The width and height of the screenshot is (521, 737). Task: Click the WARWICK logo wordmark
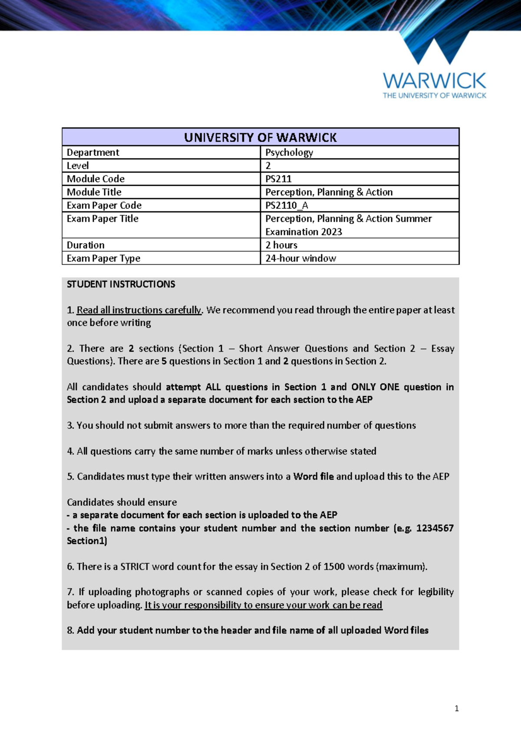coord(434,81)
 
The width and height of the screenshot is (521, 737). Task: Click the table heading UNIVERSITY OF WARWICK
coord(260,138)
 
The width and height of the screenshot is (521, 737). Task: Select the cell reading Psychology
coord(289,152)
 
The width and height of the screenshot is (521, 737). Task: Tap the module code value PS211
coord(278,179)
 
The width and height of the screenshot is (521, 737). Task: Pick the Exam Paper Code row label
coord(104,205)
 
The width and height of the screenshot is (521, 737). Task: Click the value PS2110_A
coord(287,205)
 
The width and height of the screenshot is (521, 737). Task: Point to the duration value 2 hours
coord(281,245)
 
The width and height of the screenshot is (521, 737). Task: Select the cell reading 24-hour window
coord(300,258)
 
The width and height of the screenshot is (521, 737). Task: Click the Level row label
coord(78,166)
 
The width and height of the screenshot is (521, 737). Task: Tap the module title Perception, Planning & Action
coord(329,192)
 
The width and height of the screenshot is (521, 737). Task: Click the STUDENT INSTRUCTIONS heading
coord(121,284)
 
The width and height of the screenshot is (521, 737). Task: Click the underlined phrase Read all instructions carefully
coord(139,310)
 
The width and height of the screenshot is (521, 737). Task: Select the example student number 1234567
coord(435,528)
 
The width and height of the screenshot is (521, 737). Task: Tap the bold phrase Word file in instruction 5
coord(313,477)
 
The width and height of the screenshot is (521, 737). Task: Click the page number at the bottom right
coord(456,709)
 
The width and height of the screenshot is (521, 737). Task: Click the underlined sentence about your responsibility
coord(263,605)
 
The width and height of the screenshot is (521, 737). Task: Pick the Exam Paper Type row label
coord(103,259)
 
